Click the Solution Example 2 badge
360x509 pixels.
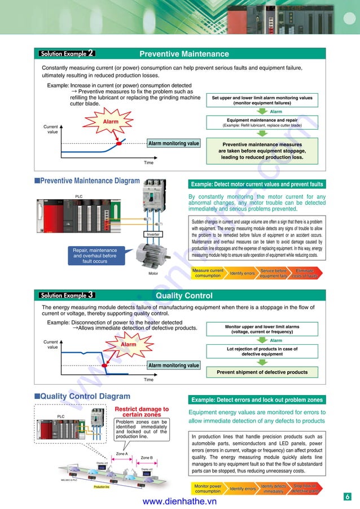pos(67,54)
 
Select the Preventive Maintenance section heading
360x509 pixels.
pos(184,54)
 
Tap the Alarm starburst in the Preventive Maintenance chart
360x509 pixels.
pos(111,122)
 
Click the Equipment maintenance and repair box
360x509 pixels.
pos(262,122)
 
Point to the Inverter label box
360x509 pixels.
pos(153,234)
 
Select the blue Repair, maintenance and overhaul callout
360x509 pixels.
pos(95,256)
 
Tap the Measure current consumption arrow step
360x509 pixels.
pos(208,273)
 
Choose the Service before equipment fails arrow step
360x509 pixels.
pos(274,273)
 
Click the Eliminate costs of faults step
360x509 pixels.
pos(305,273)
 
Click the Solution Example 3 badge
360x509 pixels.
pos(67,295)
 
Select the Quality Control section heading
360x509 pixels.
pos(184,296)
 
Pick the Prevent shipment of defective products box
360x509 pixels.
pos(262,372)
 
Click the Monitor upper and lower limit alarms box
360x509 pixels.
pos(262,330)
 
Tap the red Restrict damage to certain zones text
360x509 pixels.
pos(142,412)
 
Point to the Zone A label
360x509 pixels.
pos(122,454)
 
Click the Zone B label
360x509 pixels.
pos(147,458)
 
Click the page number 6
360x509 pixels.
pos(348,497)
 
